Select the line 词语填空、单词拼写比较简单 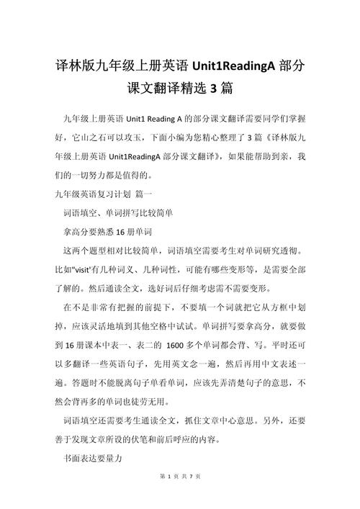pos(119,212)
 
